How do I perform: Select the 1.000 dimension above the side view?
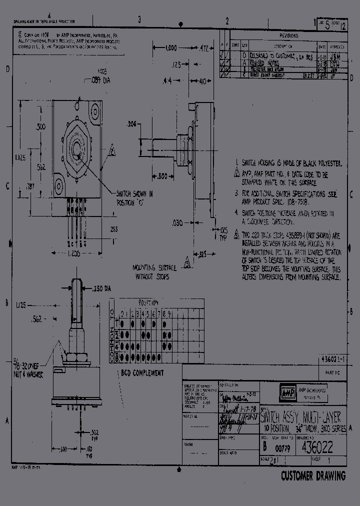pos(171,48)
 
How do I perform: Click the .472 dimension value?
pos(203,48)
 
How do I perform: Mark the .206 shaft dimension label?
pos(131,123)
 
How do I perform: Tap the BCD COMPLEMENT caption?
pos(142,372)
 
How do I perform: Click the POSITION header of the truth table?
pos(148,303)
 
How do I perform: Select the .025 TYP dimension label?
pos(223,233)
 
